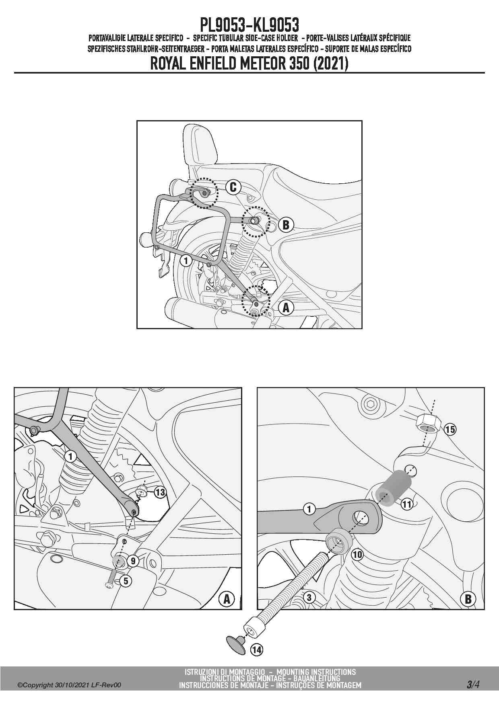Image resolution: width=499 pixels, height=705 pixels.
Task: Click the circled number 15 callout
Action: pos(450,429)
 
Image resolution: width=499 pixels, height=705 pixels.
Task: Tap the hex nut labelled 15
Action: pos(429,424)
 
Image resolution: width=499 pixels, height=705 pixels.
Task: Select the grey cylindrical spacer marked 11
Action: pos(394,488)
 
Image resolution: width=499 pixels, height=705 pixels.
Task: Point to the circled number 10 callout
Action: pos(357,555)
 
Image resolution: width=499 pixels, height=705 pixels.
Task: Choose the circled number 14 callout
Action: pos(257,650)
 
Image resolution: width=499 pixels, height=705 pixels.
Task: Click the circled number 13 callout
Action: pos(160,492)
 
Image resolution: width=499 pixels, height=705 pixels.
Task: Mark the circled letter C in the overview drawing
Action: pos(233,187)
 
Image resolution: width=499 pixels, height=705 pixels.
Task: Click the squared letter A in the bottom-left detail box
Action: pos(227,599)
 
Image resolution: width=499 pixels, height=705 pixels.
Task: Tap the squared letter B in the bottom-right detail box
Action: pos(468,599)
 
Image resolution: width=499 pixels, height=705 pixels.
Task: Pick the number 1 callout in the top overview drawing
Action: pos(186,260)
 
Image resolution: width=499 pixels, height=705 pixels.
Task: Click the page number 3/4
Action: pos(473,684)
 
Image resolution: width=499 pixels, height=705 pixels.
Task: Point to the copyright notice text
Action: pos(69,685)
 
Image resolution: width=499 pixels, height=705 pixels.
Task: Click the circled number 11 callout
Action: pos(406,504)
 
